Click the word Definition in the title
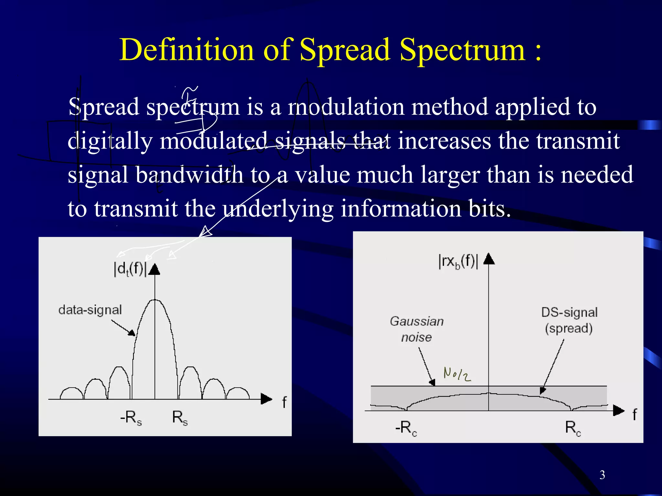click(187, 50)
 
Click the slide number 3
click(602, 475)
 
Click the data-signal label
click(90, 310)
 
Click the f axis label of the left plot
click(284, 402)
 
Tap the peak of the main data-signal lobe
click(155, 300)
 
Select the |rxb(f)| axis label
click(458, 261)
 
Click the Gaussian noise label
click(417, 329)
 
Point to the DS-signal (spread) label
click(569, 320)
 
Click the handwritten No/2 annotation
click(457, 375)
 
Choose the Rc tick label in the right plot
click(573, 428)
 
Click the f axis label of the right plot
click(635, 415)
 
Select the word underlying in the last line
click(278, 209)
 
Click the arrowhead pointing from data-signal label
click(132, 333)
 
